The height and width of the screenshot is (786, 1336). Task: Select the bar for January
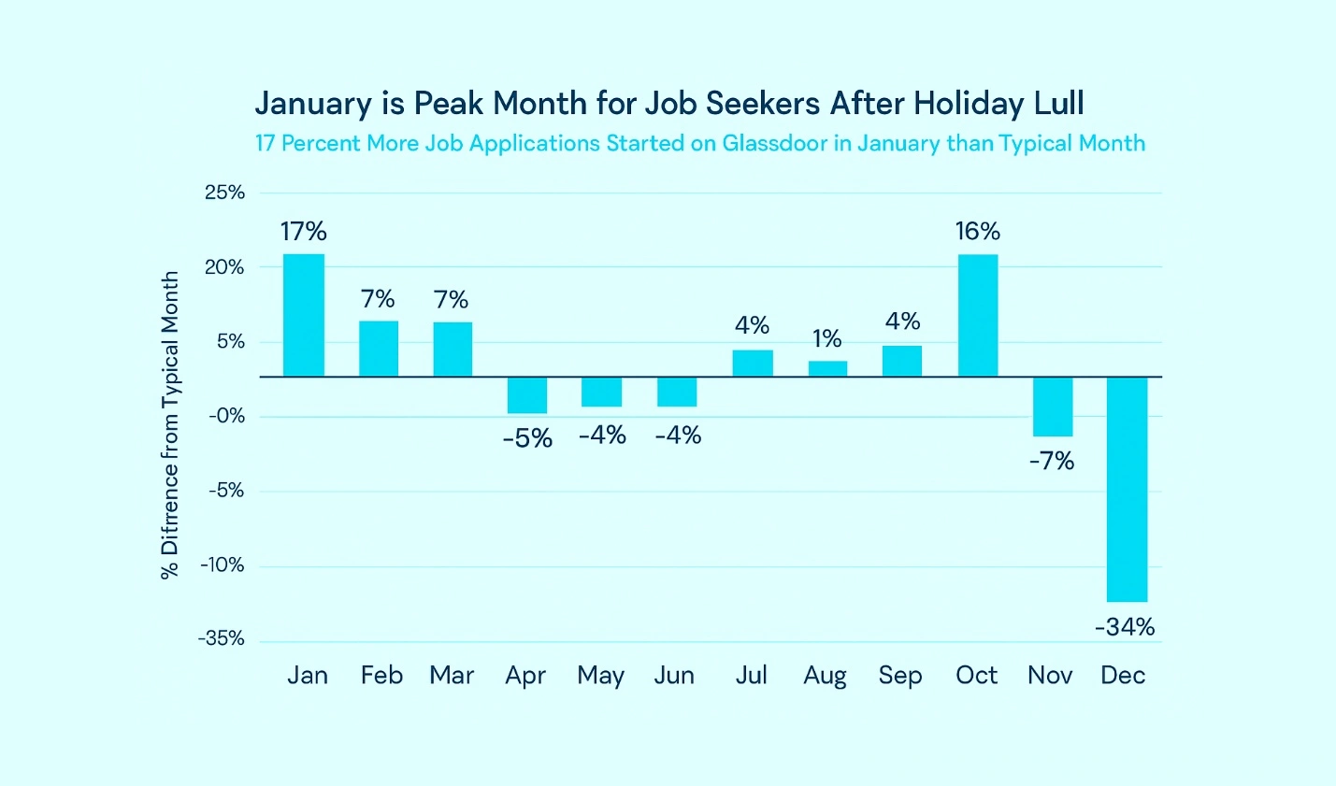(x=304, y=315)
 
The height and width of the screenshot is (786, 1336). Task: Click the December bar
(x=1127, y=489)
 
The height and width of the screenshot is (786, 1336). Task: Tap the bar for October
(x=978, y=315)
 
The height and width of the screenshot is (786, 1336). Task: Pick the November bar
(x=1053, y=407)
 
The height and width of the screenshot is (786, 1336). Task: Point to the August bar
(x=827, y=368)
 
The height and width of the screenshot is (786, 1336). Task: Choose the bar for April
(x=527, y=395)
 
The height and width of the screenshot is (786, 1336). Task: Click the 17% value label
(x=304, y=231)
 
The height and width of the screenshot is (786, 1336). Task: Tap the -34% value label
(x=1125, y=626)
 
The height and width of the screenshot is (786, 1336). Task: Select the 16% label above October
(x=978, y=231)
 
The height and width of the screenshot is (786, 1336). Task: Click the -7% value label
(x=1052, y=461)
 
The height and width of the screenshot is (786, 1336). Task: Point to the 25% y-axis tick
(x=224, y=193)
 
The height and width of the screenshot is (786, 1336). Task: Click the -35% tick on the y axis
(x=222, y=638)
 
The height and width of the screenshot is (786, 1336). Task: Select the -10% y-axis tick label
(x=223, y=564)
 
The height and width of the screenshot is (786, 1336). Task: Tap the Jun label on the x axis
(x=674, y=675)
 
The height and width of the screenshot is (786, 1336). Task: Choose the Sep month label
(x=900, y=675)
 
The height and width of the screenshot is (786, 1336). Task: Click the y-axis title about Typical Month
(x=169, y=425)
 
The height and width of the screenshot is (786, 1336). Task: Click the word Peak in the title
(x=449, y=103)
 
